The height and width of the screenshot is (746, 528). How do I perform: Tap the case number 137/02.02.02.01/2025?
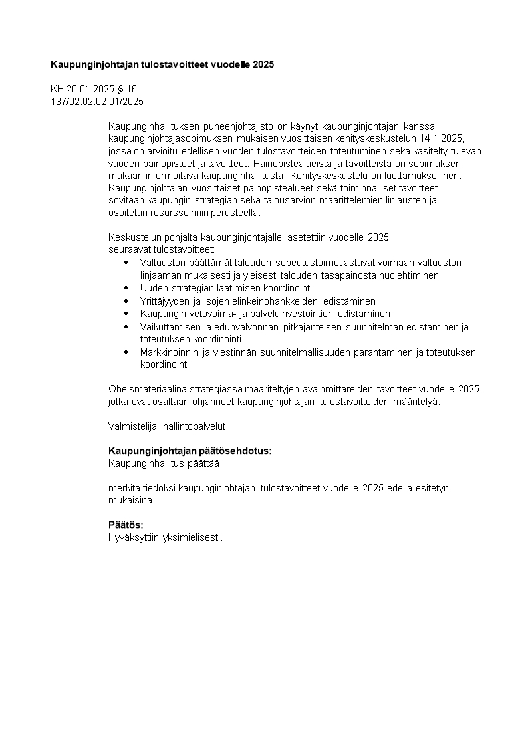(x=97, y=102)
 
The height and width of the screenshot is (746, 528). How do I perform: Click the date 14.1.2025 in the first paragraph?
(x=442, y=138)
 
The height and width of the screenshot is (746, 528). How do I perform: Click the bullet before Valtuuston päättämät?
(x=126, y=263)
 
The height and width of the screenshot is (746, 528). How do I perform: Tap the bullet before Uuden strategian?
(x=126, y=288)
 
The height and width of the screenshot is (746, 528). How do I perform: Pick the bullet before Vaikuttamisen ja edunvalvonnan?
(x=126, y=326)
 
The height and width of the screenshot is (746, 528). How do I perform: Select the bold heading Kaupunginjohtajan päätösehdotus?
(x=190, y=451)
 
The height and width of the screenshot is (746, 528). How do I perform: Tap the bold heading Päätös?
(x=126, y=525)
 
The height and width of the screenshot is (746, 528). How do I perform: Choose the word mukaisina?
(x=130, y=500)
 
